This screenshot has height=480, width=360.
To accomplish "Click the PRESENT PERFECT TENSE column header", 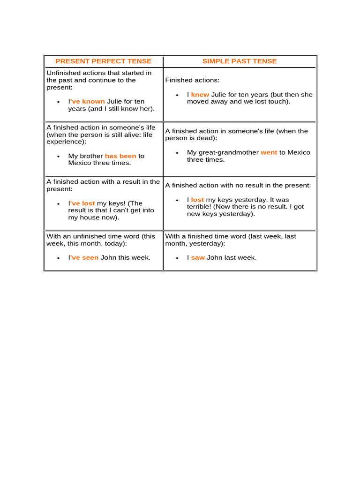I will coord(104,61).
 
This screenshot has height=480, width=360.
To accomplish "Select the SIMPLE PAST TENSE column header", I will coord(240,61).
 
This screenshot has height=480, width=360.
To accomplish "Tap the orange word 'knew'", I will coord(200,95).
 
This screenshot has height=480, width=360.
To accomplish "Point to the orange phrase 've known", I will coord(88,102).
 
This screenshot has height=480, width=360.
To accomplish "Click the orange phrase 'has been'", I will coord(120,156).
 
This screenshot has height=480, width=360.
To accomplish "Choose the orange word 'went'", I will coord(269,152).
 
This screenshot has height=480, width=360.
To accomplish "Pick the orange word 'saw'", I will coord(198,258).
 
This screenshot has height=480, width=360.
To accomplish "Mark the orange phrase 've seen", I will coord(84,258).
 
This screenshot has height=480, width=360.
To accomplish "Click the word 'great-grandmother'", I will coord(223,152).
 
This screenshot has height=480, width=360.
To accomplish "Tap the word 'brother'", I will coord(91,156).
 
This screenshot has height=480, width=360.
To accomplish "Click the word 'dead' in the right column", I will coord(204,138).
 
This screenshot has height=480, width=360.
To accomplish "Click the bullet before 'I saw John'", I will coord(177,258).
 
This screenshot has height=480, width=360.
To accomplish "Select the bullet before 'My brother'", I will coord(58,156).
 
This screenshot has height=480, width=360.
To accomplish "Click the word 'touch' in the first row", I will coord(279,102).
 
